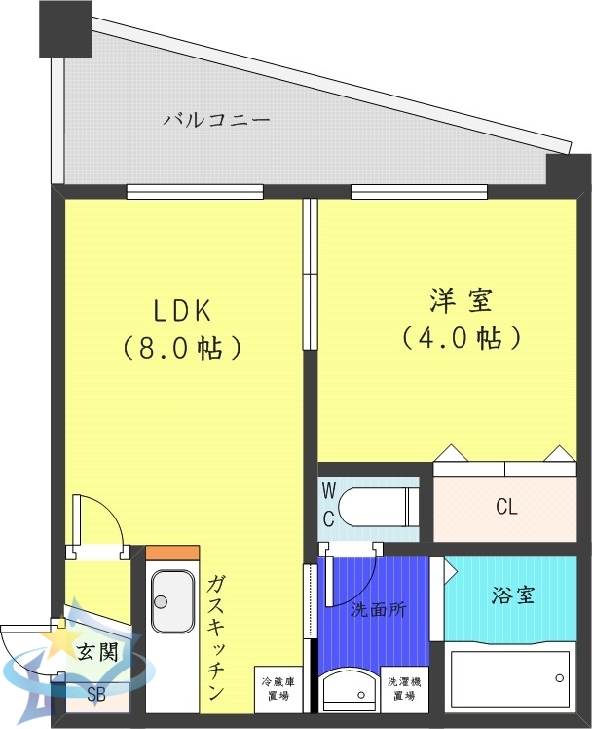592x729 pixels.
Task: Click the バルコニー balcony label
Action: pos(216,121)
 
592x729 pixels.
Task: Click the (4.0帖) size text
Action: pos(461,337)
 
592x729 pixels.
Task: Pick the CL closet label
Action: pos(506,508)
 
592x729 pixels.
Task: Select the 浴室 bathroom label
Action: pos(512,595)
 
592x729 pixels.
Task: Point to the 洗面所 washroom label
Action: pos(379,610)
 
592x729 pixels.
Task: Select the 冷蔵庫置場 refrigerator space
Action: pos(276,690)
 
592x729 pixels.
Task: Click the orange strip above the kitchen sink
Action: pos(172,553)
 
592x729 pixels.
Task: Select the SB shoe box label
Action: pos(95,695)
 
